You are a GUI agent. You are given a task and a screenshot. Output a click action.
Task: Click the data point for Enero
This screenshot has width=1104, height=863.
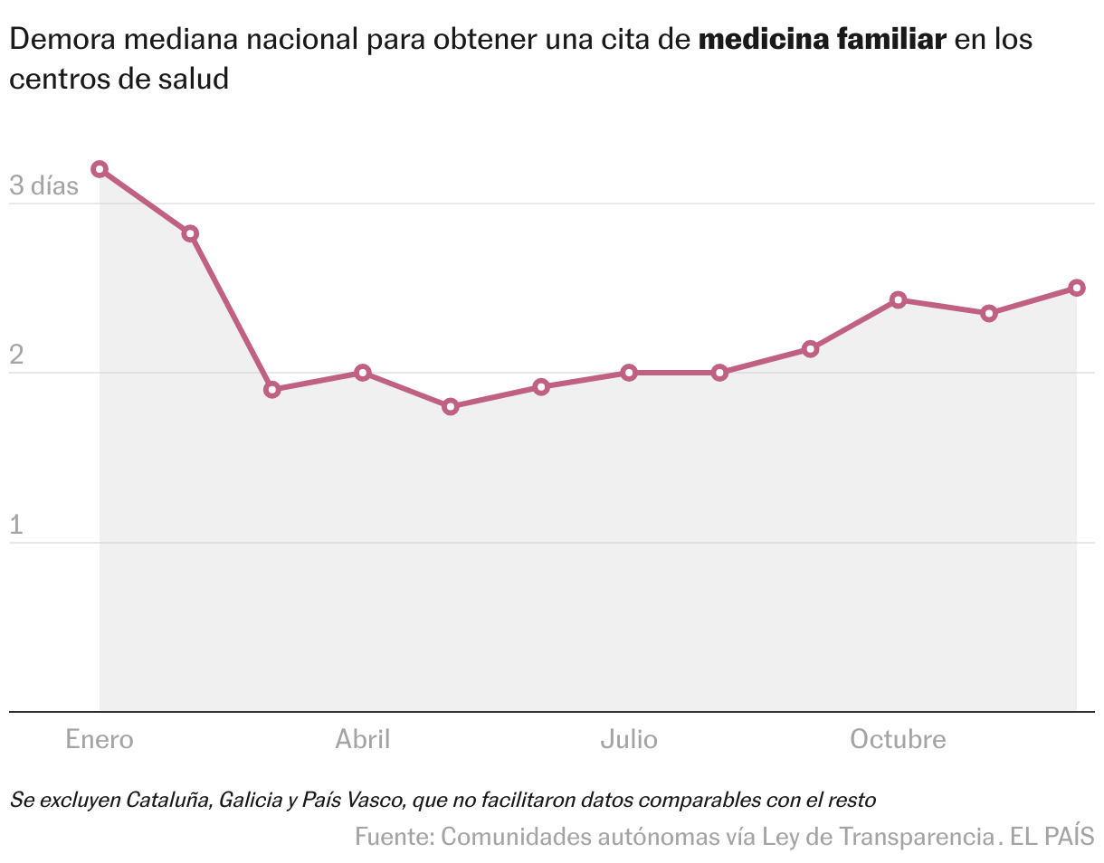(x=100, y=169)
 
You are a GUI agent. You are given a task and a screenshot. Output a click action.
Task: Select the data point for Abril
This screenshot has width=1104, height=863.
(x=363, y=373)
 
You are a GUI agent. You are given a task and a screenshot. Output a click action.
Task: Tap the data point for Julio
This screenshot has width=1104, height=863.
(x=629, y=373)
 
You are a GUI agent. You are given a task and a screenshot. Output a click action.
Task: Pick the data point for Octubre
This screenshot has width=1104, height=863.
(x=898, y=299)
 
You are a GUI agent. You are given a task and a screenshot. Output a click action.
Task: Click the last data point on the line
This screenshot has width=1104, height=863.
(x=1077, y=288)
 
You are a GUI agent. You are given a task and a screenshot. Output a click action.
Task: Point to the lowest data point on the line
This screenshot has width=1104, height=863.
(x=451, y=407)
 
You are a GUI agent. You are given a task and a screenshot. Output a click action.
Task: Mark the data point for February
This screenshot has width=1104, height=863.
(x=190, y=233)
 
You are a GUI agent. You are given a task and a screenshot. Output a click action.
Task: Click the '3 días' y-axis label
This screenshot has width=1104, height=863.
(x=43, y=186)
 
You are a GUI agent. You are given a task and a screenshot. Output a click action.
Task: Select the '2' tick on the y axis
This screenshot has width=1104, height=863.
(x=16, y=356)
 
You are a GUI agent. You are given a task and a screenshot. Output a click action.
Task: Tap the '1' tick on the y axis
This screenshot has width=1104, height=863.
(x=15, y=525)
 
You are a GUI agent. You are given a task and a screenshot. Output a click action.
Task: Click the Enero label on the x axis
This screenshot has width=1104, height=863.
(x=100, y=740)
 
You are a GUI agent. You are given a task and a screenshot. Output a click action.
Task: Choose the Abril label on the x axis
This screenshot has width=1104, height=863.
(x=363, y=740)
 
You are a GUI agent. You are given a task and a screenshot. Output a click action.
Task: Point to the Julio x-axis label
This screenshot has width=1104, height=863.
(x=629, y=740)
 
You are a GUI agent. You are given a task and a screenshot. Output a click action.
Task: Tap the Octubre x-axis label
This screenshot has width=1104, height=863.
(x=898, y=740)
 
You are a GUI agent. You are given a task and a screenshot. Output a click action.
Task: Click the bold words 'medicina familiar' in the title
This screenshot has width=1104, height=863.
(x=823, y=41)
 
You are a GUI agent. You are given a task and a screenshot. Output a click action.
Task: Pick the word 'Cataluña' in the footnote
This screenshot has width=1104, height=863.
(x=166, y=800)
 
